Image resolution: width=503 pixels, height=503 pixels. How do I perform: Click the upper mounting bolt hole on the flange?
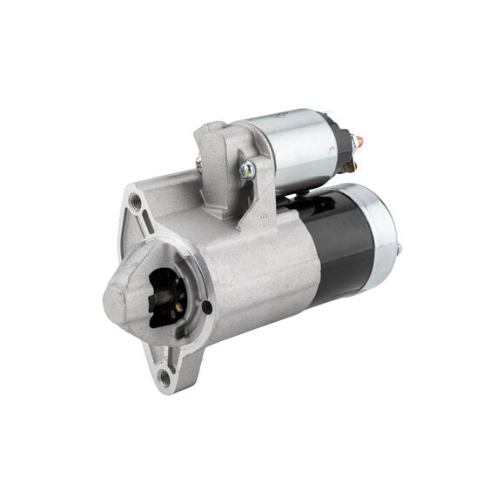point(135,203)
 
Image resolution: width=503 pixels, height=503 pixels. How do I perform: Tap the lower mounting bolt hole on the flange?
point(164,377)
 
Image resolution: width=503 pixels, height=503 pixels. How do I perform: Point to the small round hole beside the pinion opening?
point(206,306)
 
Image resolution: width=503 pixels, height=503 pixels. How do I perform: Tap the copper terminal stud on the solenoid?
point(359,142)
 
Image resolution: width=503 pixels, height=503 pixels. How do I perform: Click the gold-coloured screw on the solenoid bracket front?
point(247,171)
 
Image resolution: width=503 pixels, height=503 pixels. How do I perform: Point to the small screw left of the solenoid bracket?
point(199,164)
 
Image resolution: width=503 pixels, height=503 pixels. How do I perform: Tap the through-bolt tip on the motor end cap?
point(400,250)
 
